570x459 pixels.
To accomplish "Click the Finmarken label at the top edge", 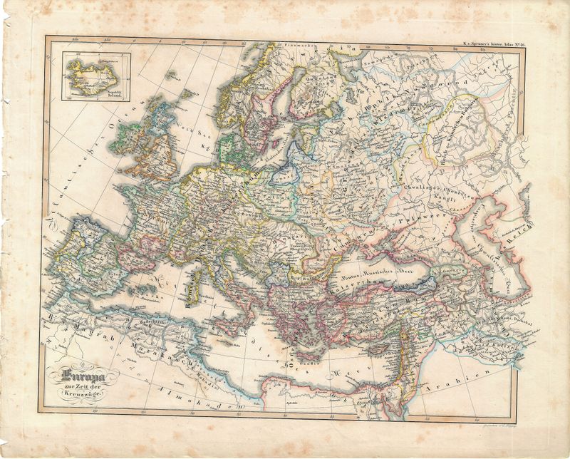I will tap(299, 44).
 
